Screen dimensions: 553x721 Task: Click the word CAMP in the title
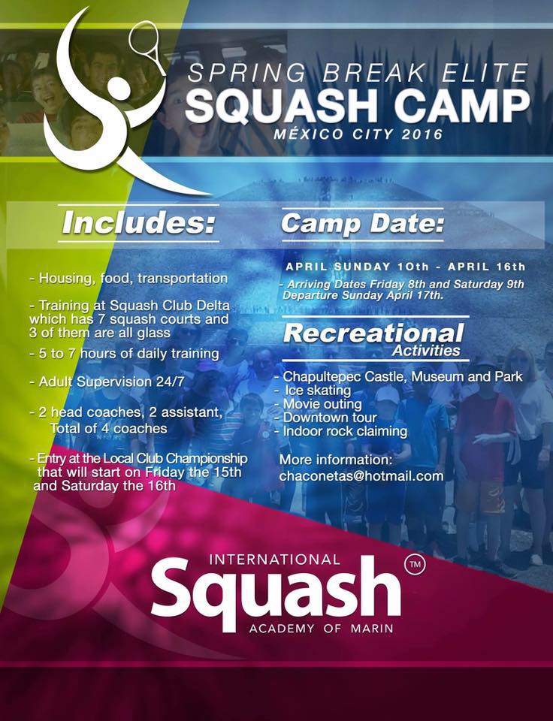click(462, 107)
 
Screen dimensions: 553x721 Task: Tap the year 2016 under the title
click(422, 134)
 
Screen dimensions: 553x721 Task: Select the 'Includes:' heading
click(139, 223)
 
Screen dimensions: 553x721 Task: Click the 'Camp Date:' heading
click(363, 224)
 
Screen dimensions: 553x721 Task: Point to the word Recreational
click(373, 333)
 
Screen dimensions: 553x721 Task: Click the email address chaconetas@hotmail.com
click(361, 475)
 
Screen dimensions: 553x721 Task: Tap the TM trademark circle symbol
click(415, 565)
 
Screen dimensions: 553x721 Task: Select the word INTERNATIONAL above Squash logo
click(275, 559)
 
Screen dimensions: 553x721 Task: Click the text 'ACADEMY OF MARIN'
click(321, 628)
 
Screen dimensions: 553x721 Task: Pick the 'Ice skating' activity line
click(318, 391)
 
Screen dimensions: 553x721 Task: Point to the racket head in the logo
click(144, 42)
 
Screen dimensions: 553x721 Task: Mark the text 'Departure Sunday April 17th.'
click(363, 295)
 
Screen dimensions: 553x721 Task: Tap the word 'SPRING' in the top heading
click(246, 74)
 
